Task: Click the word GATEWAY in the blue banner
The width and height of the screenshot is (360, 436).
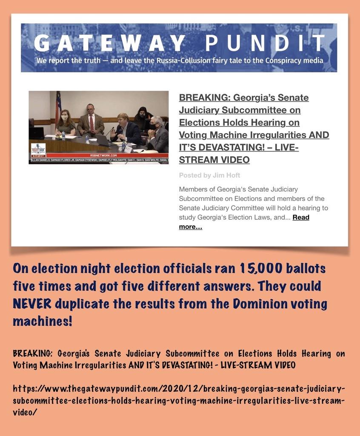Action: pos(110,43)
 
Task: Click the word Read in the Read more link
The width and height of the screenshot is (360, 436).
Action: pos(301,217)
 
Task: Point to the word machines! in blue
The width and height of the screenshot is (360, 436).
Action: pos(43,321)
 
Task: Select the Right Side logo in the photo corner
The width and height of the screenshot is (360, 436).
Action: pos(38,150)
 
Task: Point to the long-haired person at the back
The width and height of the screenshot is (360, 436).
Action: pos(143,114)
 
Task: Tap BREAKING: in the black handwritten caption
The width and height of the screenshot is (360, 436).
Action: pos(33,353)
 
